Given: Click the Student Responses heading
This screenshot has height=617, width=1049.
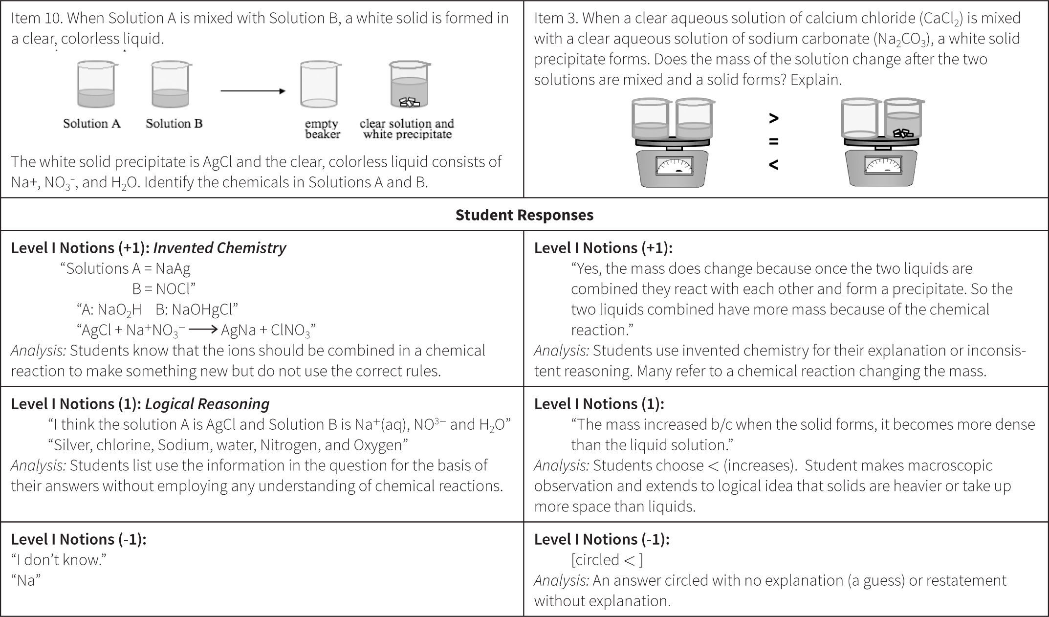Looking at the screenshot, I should pos(524,215).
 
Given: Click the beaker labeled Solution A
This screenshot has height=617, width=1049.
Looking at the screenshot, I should pos(96,85).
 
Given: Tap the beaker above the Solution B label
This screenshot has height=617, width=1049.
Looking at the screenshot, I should pos(171,85).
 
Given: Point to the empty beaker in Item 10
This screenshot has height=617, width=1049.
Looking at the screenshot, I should pos(319,85).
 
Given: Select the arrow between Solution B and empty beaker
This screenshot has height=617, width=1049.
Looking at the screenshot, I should pos(253,91).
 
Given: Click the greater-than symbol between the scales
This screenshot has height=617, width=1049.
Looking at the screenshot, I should pos(773,118).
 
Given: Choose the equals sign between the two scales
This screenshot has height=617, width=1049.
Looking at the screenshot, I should pos(773,141).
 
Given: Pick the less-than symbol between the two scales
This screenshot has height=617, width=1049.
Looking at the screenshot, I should pos(773,164).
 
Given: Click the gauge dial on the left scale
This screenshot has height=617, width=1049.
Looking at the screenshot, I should pos(674,166).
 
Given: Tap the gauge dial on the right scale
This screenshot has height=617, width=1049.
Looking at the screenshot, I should pos(883,165).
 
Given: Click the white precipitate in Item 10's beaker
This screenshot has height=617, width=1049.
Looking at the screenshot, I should pos(410,102).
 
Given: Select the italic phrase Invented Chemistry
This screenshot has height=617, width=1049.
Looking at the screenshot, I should pos(219,248).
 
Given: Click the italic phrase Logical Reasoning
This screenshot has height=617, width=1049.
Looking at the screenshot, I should pos(207,404).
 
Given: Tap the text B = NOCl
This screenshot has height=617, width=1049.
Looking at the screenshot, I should pos(164,289).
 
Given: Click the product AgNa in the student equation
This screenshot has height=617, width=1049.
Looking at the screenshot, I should pos(238,331).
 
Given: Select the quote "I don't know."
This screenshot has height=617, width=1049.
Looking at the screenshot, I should pos(59,560).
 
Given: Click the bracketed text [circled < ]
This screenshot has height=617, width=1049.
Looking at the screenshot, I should pos(607,560).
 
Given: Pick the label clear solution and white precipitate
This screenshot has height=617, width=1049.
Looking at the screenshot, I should pos(407,129).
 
